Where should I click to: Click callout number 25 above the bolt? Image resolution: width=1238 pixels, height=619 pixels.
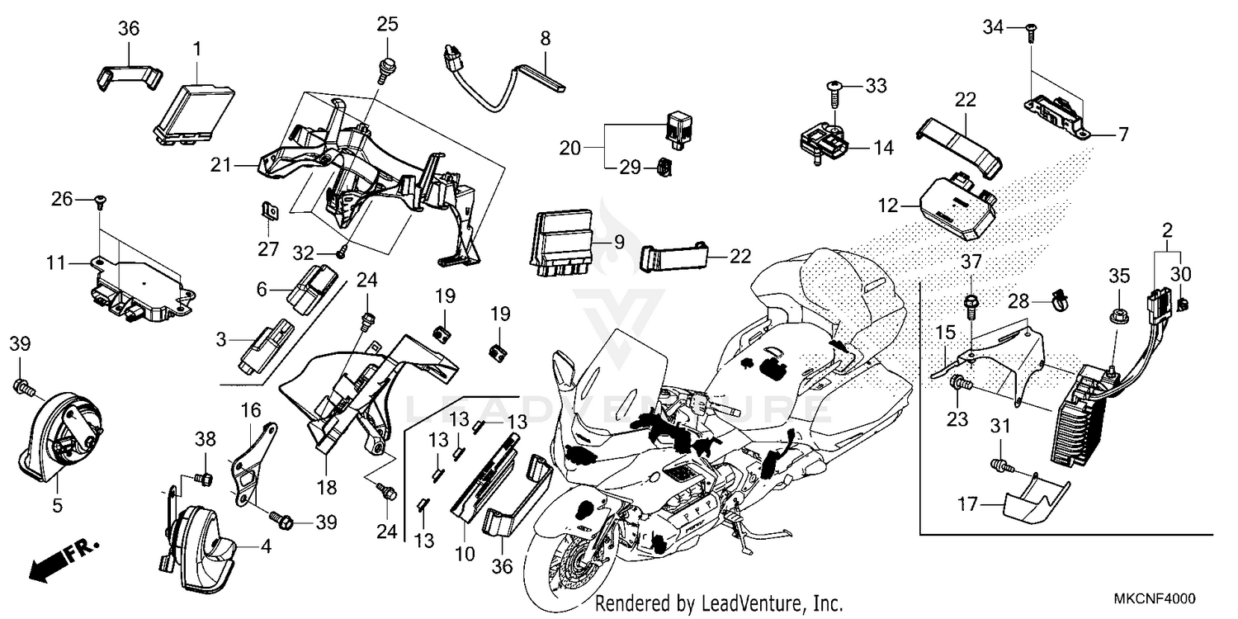[388, 25]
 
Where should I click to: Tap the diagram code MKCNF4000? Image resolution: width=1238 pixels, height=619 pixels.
[1156, 598]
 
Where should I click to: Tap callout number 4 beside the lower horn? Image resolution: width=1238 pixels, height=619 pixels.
[266, 546]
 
